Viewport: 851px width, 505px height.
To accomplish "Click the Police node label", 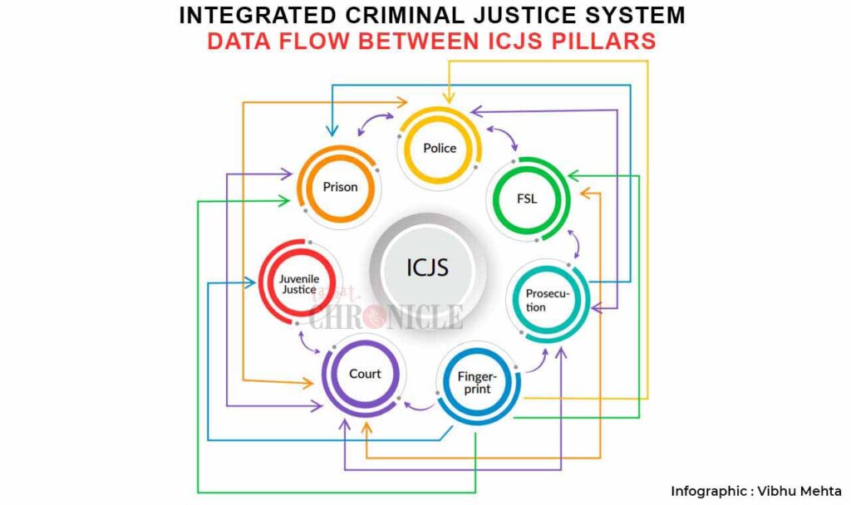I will tap(440, 148).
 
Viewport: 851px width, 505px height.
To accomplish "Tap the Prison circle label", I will tap(340, 187).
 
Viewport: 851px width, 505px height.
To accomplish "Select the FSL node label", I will tap(527, 199).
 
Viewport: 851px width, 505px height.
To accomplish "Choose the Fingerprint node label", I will tap(475, 383).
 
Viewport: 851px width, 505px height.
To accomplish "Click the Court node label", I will tap(365, 374).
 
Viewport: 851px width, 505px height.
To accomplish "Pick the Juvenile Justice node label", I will tap(298, 284).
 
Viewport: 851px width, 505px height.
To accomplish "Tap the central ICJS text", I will tap(427, 267).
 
